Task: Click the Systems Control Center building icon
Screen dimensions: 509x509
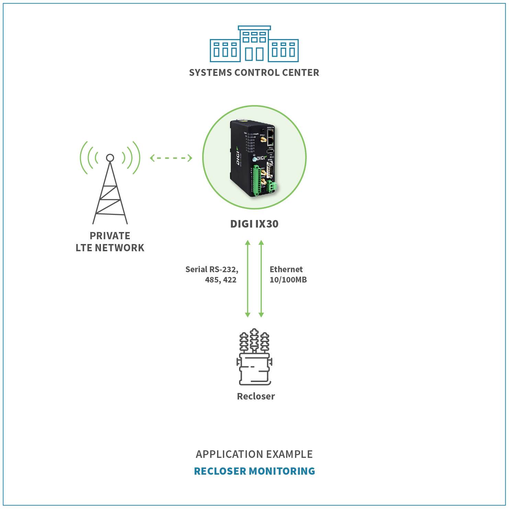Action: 254,44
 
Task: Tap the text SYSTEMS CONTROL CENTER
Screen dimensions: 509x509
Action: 254,73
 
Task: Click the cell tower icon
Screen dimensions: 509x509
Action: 110,185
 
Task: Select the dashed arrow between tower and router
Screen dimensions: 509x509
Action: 171,158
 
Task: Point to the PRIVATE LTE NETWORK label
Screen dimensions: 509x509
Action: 110,242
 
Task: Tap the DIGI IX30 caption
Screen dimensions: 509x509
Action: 254,224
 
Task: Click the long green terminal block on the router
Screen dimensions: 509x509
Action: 256,181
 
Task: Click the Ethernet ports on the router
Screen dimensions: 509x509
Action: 270,136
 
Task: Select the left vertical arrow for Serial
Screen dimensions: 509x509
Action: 248,279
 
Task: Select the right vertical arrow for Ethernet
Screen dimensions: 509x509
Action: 261,279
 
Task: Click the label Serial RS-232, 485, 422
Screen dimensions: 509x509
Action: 212,274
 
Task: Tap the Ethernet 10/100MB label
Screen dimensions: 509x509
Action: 288,274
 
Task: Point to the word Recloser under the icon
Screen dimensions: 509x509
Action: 256,396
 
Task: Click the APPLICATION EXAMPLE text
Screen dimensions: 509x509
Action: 254,454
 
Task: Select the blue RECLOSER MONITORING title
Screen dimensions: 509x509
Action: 254,471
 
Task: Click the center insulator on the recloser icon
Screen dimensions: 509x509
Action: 254,340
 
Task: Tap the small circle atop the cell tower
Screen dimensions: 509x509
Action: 110,158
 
